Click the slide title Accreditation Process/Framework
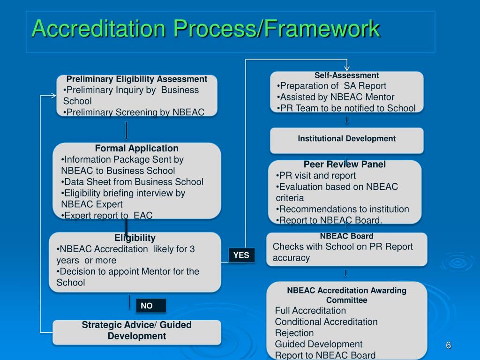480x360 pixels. [205, 29]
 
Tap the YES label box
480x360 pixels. [241, 255]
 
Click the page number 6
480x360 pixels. [448, 345]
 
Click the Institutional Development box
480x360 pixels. [346, 139]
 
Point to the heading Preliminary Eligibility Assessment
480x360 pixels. [136, 79]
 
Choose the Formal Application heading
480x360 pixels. [136, 148]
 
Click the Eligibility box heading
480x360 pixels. [135, 238]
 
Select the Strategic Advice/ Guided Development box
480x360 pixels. [136, 330]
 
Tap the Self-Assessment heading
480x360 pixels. [346, 75]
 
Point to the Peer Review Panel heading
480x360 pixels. [345, 164]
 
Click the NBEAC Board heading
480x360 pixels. [346, 236]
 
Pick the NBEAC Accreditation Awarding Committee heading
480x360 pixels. [346, 295]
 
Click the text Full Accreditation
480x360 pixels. [310, 310]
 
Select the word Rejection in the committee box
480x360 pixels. [294, 333]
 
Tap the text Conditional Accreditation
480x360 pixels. [326, 322]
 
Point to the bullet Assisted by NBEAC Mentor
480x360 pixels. [336, 97]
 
